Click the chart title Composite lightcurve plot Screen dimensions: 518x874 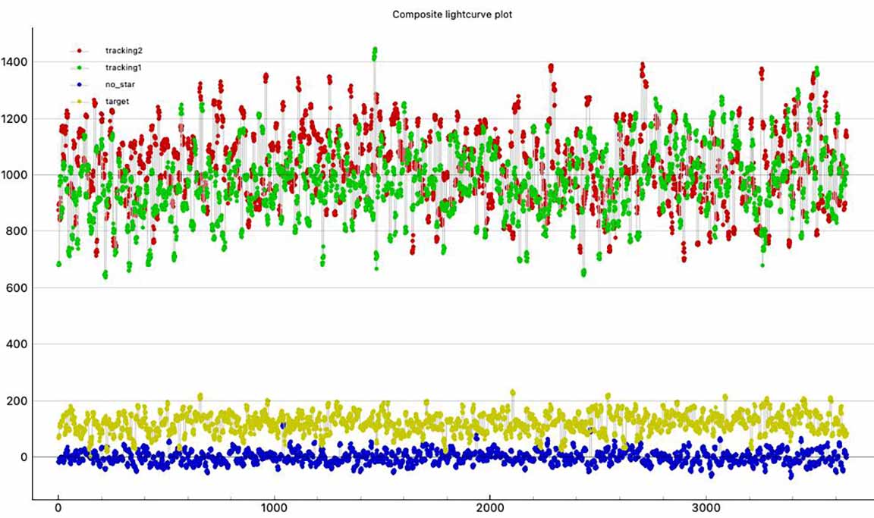coord(452,14)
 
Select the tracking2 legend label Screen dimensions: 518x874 coord(124,51)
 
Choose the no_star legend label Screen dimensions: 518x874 coord(121,84)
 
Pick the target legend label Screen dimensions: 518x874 coord(117,101)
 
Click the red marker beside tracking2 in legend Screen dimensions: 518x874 coord(80,51)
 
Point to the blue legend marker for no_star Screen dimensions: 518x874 coord(80,84)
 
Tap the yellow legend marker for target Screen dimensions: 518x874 coord(80,101)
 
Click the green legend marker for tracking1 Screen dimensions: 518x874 coord(80,67)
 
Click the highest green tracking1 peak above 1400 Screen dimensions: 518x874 coord(375,50)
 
